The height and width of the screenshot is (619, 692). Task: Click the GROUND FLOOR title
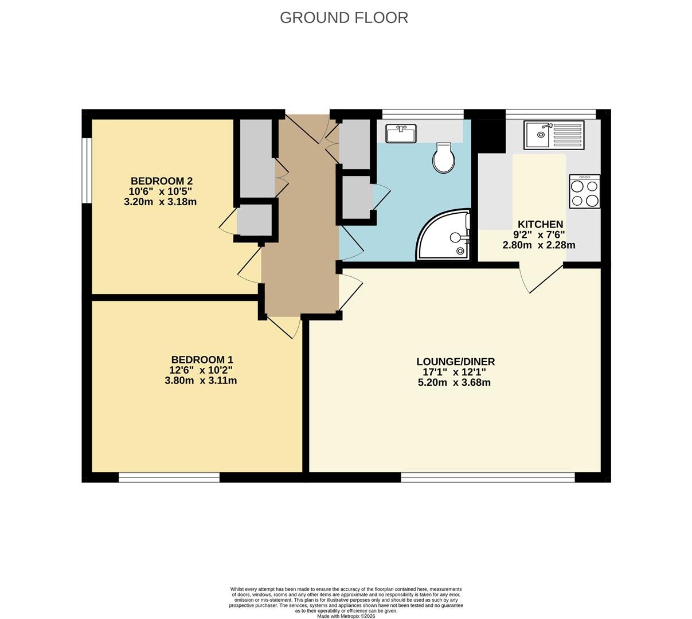(x=344, y=18)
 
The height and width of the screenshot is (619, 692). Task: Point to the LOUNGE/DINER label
(x=455, y=362)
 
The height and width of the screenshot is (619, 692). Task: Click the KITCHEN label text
(x=540, y=224)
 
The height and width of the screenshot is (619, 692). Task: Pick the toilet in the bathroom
(x=443, y=158)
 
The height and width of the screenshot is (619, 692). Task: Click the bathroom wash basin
(x=401, y=133)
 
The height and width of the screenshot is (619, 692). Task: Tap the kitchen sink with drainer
(x=553, y=135)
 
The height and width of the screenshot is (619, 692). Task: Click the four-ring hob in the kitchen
(x=584, y=192)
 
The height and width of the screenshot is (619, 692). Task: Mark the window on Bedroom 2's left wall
(x=87, y=171)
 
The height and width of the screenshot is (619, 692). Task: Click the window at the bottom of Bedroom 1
(x=169, y=477)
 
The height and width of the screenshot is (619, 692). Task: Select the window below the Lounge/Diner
(x=487, y=477)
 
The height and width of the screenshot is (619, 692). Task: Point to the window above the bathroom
(x=423, y=113)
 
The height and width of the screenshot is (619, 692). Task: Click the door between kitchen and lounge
(x=542, y=278)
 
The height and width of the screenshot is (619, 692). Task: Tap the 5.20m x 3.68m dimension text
(x=454, y=382)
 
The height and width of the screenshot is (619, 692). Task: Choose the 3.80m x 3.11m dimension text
(x=201, y=380)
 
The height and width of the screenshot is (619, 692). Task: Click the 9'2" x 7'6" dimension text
(x=539, y=234)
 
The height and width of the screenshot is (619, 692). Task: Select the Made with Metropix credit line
(x=346, y=616)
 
